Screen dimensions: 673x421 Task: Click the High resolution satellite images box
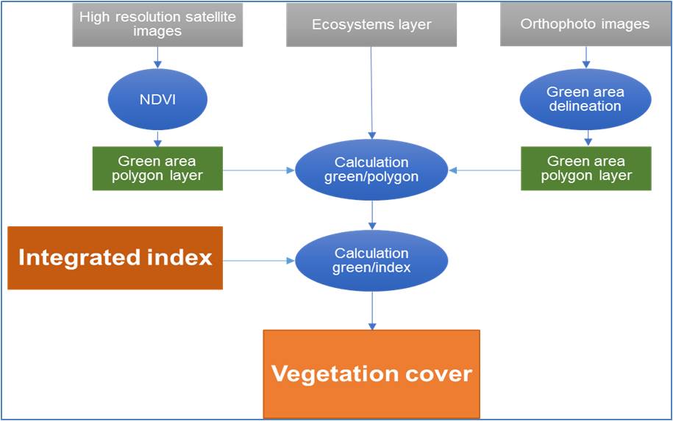tap(157, 24)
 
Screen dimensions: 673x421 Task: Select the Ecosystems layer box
tap(371, 24)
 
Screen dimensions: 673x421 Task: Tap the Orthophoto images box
tap(585, 24)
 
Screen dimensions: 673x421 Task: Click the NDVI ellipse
tap(157, 99)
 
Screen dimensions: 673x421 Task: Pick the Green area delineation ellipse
tap(585, 99)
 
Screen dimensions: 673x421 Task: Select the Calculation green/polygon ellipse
tap(371, 169)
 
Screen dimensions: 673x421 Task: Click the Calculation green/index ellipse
tap(371, 260)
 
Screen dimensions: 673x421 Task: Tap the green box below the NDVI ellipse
tap(157, 168)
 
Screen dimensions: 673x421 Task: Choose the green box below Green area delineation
tap(586, 168)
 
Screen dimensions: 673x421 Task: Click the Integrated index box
tap(115, 258)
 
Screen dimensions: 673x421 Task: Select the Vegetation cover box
tap(371, 374)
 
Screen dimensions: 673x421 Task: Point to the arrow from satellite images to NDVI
tap(157, 57)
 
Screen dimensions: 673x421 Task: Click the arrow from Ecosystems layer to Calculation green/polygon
tap(371, 93)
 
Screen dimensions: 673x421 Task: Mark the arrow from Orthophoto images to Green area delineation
tap(586, 57)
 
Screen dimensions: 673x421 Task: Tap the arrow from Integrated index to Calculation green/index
tap(259, 261)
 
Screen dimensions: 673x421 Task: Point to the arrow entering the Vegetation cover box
tap(372, 311)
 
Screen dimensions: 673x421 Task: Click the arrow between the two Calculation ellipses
tap(372, 215)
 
